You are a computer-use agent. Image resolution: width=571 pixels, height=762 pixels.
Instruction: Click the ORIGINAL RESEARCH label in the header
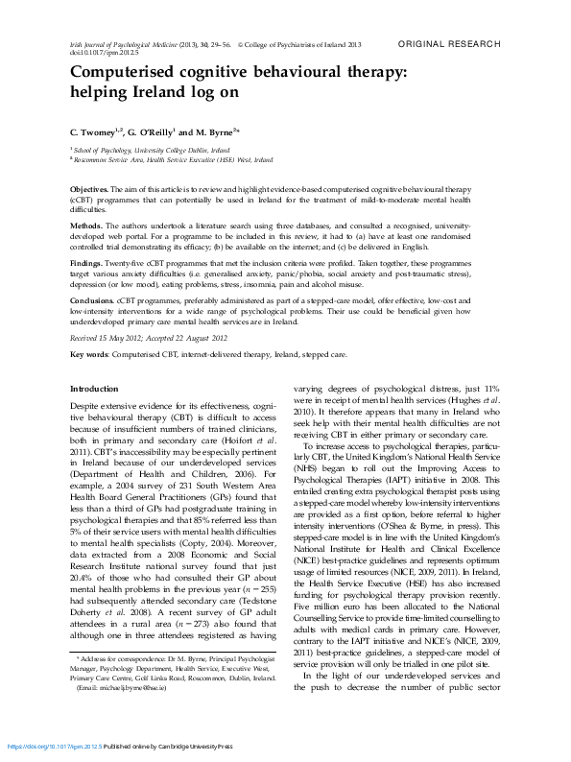(449, 44)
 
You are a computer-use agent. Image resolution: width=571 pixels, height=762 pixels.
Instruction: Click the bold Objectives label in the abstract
(92, 192)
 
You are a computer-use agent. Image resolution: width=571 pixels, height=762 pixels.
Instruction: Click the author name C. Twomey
(94, 131)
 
